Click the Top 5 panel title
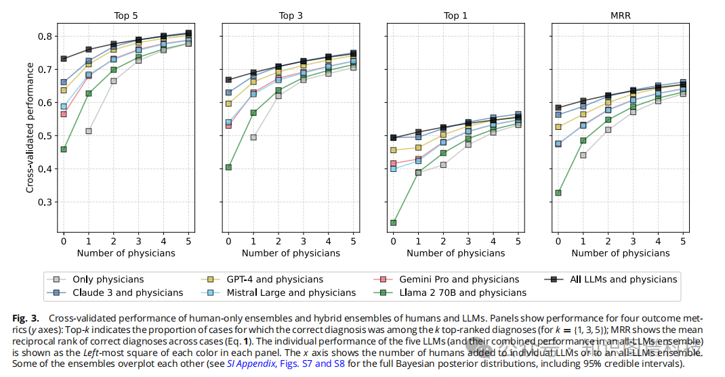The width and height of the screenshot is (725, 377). coord(125,16)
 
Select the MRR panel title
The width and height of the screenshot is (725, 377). coord(620,16)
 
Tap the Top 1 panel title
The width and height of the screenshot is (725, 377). coord(455,16)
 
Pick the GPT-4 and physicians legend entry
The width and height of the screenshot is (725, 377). coord(273,279)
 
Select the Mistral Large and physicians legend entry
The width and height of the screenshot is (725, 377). coord(289,292)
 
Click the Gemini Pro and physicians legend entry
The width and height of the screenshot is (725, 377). coord(459,279)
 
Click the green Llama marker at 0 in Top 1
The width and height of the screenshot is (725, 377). coord(393,222)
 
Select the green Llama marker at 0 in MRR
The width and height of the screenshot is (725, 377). coord(558,192)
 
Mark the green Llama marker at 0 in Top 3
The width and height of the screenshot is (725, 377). coord(228,167)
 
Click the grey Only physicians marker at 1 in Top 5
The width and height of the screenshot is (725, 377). coord(88,131)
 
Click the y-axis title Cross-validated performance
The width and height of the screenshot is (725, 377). coord(30,128)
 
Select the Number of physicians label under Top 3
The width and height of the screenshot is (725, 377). coord(291,253)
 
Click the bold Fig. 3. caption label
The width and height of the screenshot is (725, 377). coord(26,318)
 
